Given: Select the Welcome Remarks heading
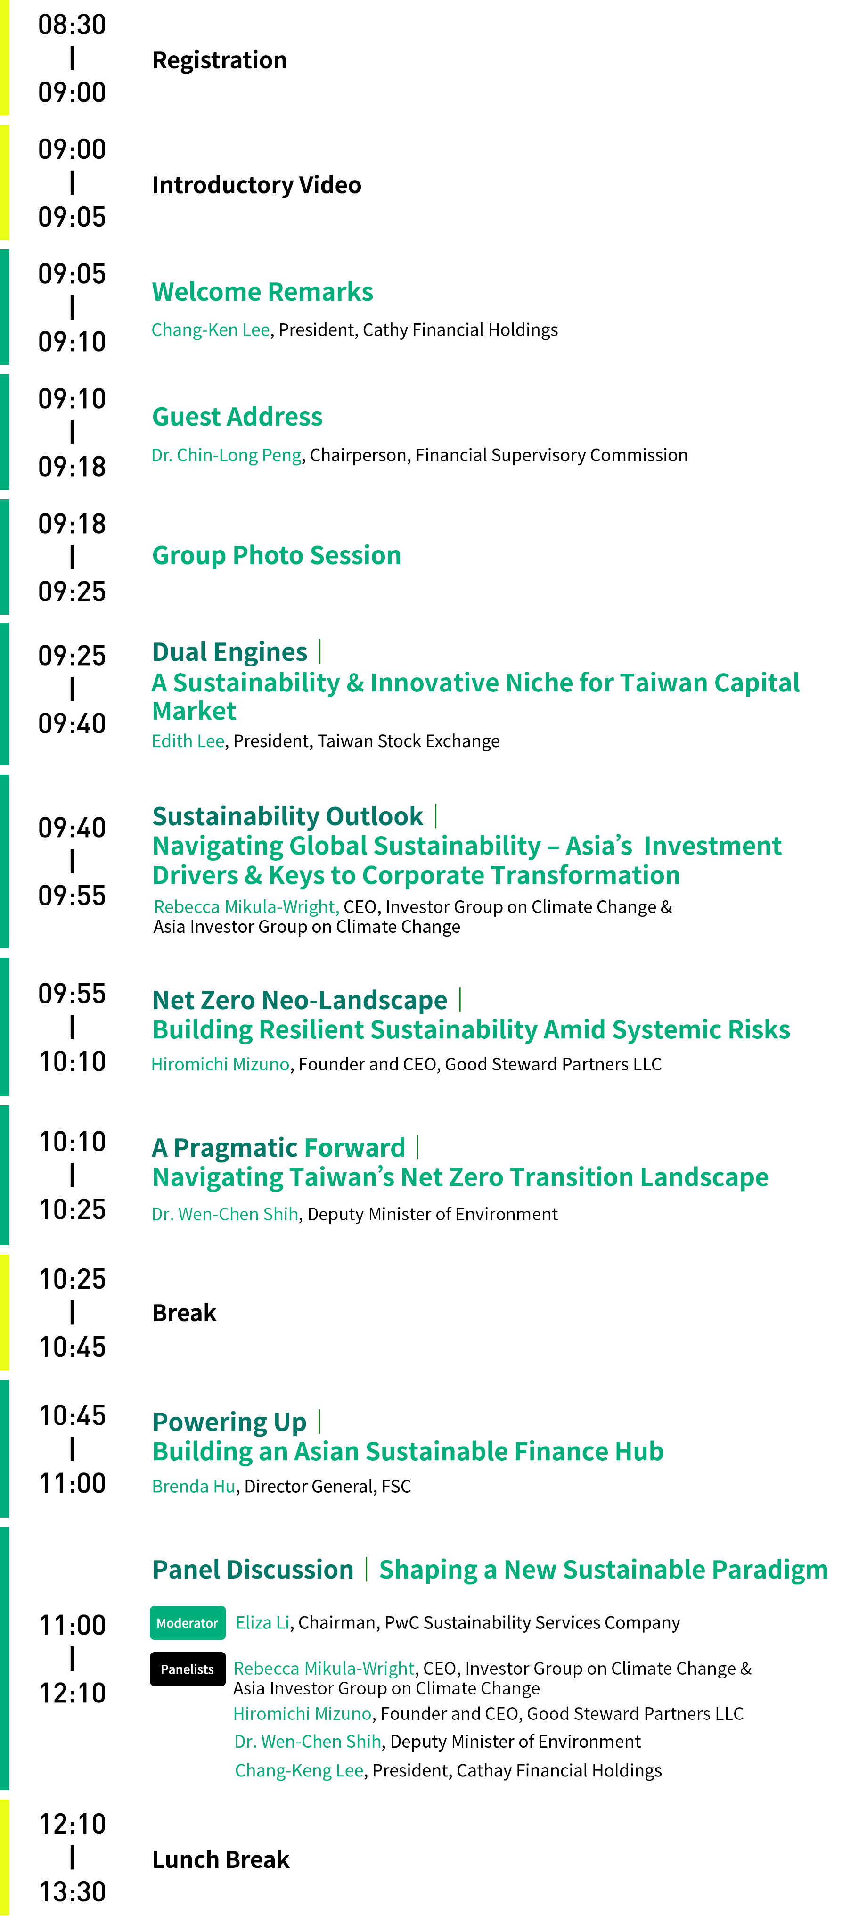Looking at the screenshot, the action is coord(262,292).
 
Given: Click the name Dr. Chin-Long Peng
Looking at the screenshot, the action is coord(227,455).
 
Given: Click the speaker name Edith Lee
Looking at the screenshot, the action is coord(188,741).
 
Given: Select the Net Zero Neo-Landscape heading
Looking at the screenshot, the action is coord(300,1000).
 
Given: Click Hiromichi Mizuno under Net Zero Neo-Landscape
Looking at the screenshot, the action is coord(220,1064).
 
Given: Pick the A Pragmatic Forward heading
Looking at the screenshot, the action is coord(279,1148).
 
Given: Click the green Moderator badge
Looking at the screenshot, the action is coord(188,1623).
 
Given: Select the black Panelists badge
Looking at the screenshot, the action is coord(188,1669).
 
